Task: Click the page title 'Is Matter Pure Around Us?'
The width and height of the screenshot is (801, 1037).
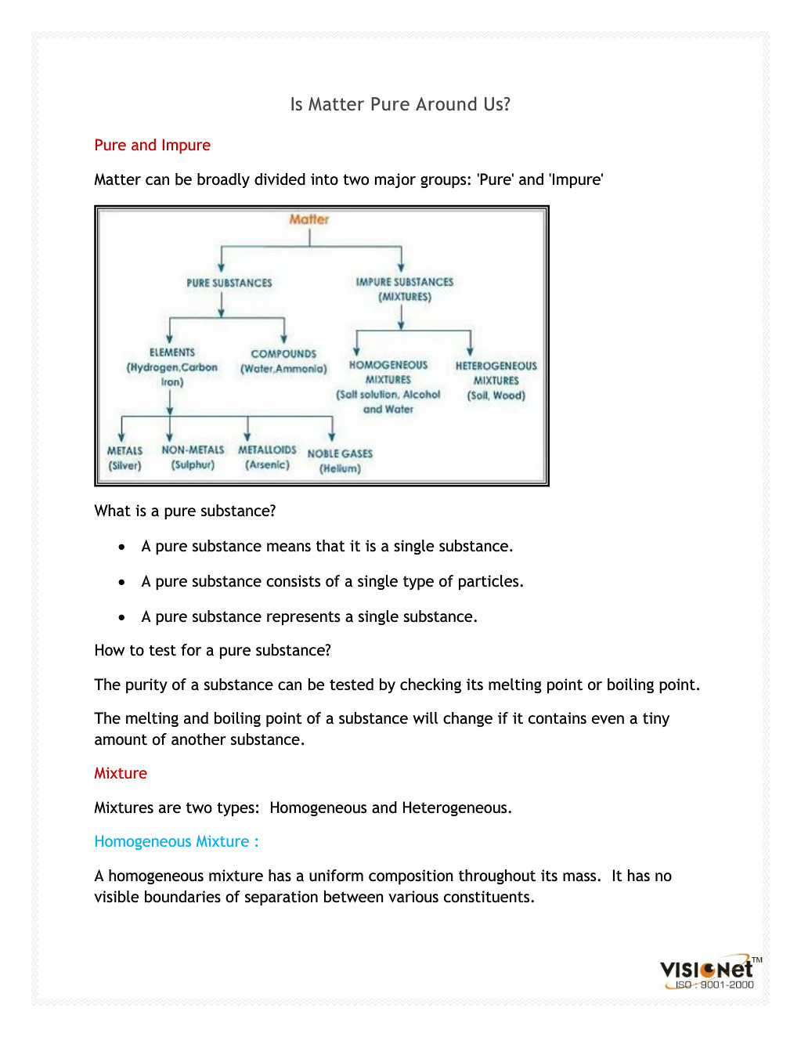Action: [x=400, y=104]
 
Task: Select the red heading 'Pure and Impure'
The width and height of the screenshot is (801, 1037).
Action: [x=152, y=145]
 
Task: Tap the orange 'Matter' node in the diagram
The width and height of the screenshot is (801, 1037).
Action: [x=309, y=219]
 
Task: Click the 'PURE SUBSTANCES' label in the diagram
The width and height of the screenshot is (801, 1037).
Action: [x=229, y=283]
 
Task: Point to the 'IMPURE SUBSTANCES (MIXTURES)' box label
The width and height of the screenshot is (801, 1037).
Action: [x=405, y=289]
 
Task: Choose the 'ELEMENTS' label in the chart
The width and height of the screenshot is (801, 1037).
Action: [x=172, y=352]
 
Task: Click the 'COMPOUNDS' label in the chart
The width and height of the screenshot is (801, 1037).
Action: [x=283, y=354]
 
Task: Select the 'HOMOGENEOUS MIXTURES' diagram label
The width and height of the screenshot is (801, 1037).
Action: [x=388, y=372]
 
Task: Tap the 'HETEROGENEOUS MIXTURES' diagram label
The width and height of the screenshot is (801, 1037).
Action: [x=496, y=373]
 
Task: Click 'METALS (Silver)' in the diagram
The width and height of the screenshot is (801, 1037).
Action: [x=125, y=458]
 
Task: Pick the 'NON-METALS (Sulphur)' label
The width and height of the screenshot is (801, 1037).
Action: [x=193, y=457]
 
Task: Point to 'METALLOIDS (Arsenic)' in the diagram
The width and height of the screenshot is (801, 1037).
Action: [x=267, y=457]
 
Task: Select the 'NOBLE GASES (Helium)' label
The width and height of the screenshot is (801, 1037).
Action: [x=340, y=461]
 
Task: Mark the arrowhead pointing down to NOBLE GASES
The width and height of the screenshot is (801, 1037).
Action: [x=332, y=436]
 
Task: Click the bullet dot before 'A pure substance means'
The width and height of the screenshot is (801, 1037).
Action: [x=121, y=547]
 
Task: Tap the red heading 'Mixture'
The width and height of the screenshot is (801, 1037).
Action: [x=121, y=773]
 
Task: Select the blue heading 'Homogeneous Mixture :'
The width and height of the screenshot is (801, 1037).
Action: [x=176, y=841]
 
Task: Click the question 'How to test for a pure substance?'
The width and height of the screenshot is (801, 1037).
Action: [x=212, y=650]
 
